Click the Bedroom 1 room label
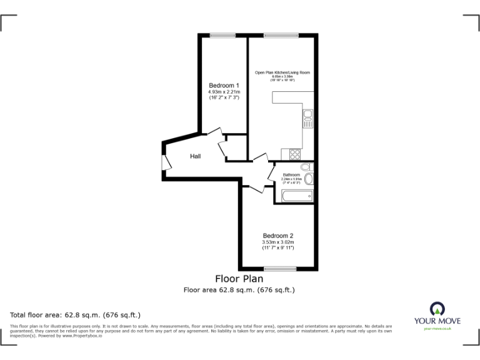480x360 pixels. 224,86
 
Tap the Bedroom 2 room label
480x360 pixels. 278,236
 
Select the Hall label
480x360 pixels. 195,156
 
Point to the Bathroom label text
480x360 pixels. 291,174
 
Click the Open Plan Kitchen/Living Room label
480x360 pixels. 282,72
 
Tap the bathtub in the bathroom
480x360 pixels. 296,196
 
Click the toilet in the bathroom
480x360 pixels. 305,166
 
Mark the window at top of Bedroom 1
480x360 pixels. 218,35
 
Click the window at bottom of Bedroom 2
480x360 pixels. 279,268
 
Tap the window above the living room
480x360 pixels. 281,35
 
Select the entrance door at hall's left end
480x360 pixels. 166,161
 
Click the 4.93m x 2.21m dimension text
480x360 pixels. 224,92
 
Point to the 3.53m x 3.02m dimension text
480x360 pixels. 278,242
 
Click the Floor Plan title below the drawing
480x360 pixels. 239,279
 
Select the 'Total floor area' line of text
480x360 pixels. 76,314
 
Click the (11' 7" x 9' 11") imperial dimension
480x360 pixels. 278,248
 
